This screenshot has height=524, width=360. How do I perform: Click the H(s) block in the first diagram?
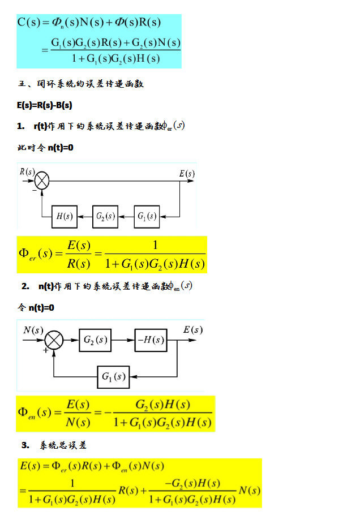65,216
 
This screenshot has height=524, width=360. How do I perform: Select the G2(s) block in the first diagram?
105,216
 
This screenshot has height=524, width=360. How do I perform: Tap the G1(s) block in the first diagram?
147,216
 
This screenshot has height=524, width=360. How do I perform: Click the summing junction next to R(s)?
42,181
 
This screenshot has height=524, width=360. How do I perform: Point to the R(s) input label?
27,171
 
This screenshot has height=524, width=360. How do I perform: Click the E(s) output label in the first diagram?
187,174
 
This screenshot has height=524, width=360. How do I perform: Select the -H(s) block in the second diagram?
151,340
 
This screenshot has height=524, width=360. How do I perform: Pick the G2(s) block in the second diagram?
95,340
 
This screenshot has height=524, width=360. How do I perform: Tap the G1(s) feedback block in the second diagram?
113,376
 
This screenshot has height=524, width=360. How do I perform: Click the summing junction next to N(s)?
54,341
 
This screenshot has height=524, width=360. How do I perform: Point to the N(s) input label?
33,330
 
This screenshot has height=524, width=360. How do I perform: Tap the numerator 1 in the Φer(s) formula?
155,245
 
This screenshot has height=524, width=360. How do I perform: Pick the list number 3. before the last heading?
25,445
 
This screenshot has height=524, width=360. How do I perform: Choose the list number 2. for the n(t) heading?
25,286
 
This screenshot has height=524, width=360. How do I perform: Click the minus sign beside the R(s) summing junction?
34,191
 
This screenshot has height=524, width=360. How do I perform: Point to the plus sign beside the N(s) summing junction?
45,350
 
